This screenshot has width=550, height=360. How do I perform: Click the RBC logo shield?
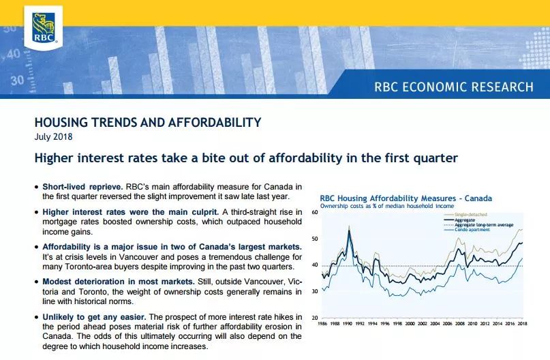tap(44, 27)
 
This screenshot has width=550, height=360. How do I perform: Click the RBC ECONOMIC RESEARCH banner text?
tap(454, 87)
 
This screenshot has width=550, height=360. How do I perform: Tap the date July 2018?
tap(53, 136)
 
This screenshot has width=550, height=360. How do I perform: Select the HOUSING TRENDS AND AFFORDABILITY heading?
tap(148, 122)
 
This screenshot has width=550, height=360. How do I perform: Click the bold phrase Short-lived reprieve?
tap(82, 187)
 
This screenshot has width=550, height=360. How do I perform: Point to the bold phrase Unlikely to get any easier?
tap(94, 317)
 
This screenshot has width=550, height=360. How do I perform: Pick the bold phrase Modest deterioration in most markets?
tap(119, 282)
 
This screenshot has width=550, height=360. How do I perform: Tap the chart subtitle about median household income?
tap(387, 206)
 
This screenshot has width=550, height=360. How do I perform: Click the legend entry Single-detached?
tap(471, 214)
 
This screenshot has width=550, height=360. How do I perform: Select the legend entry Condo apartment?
tap(472, 230)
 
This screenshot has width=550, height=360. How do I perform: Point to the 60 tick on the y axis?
tap(315, 212)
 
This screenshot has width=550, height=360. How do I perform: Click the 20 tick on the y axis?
tap(315, 318)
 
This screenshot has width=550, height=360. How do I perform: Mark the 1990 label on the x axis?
tap(348, 323)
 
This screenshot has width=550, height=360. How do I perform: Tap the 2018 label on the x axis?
tap(522, 323)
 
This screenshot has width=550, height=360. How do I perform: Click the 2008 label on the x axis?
tap(460, 323)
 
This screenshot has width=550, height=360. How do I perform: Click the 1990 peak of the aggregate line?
tap(349, 230)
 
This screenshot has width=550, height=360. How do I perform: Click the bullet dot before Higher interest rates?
tap(37, 213)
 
